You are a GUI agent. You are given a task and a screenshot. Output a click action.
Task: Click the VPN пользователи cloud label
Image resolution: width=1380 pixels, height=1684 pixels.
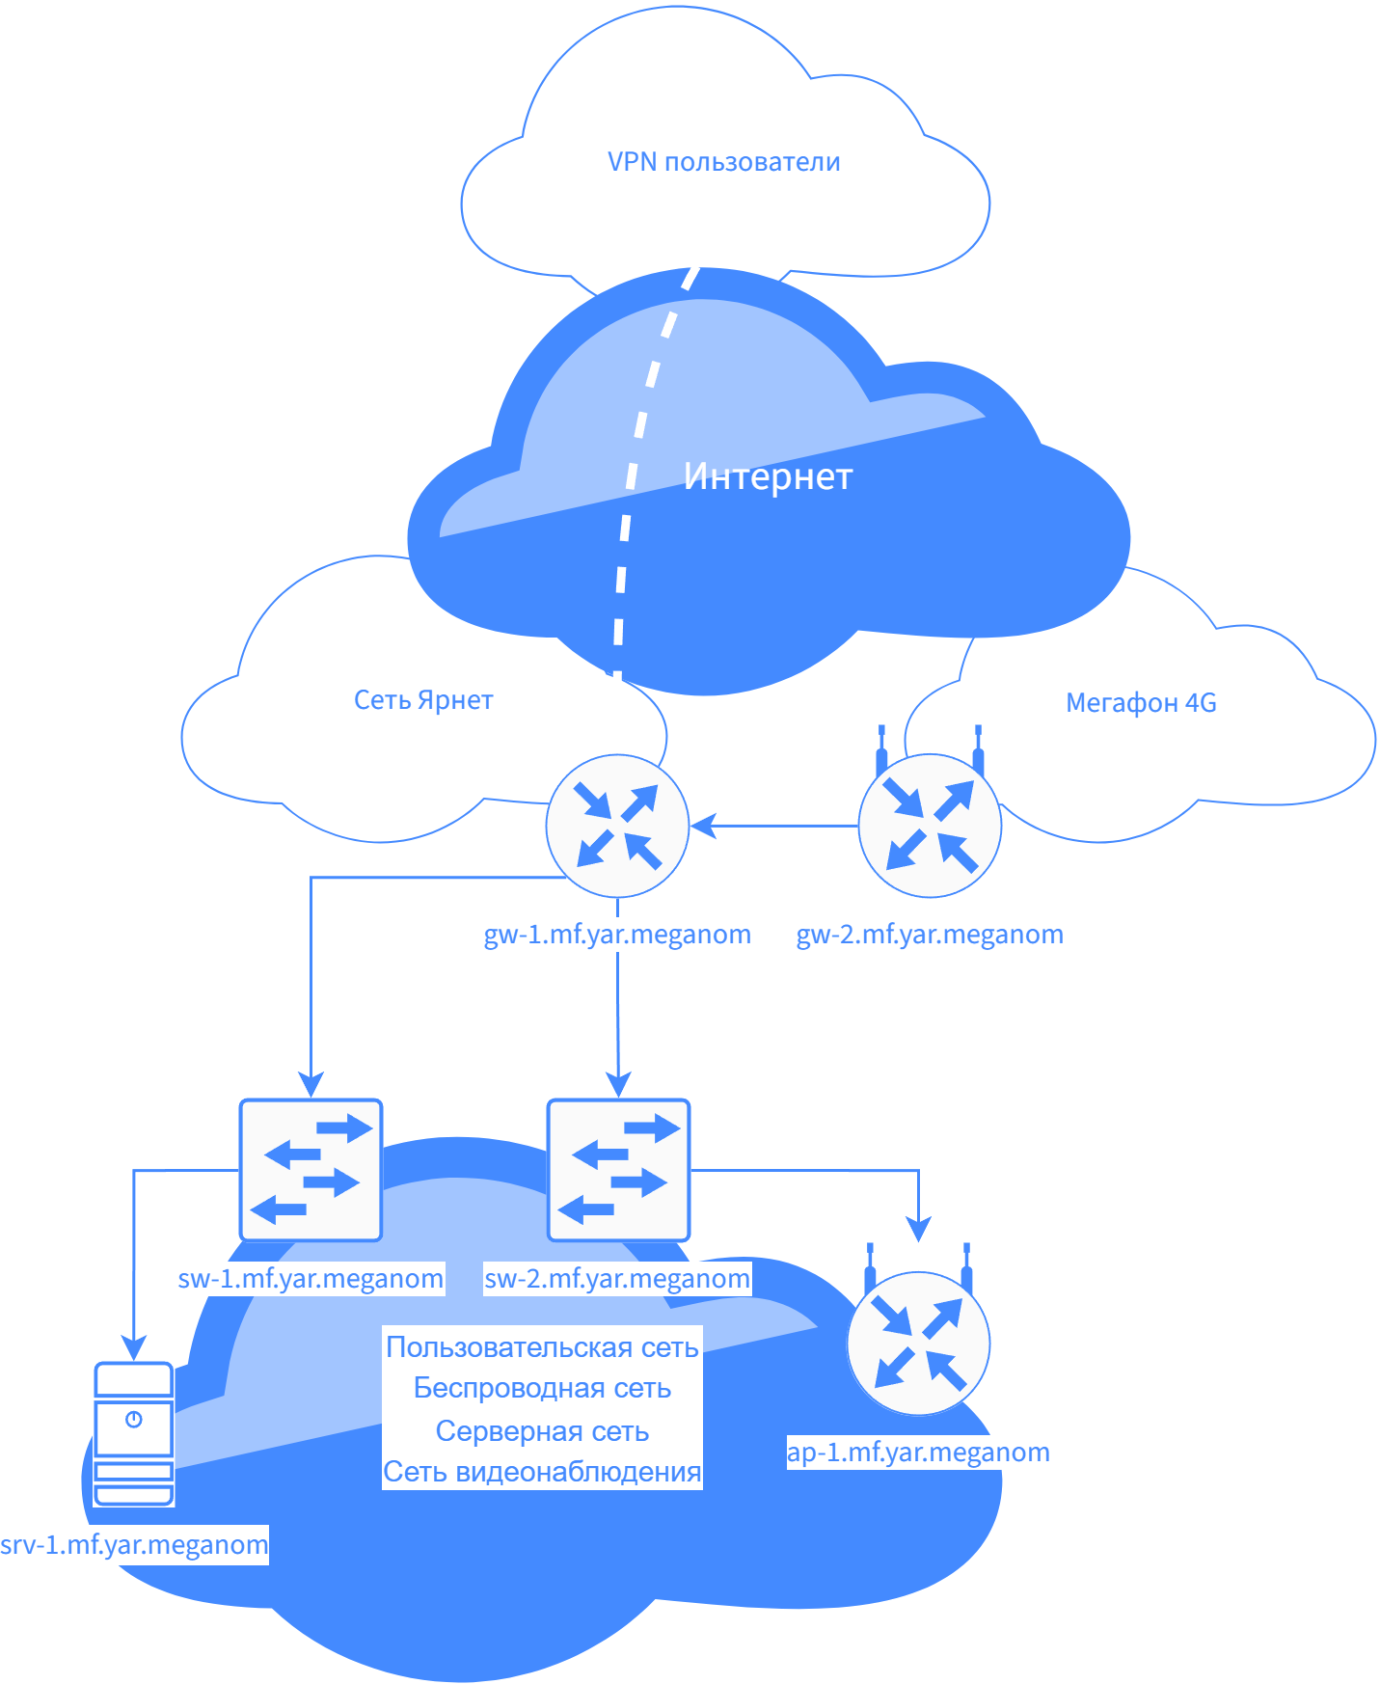tap(723, 162)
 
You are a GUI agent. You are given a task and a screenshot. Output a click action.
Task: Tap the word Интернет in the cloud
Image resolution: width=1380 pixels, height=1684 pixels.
tap(768, 476)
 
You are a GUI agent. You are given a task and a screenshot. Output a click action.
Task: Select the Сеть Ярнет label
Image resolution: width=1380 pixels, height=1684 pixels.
tap(423, 700)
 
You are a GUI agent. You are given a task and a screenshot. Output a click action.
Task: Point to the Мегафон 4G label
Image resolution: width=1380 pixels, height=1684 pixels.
tap(1141, 703)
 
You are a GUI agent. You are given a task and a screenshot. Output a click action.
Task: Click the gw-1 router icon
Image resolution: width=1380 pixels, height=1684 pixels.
tap(617, 827)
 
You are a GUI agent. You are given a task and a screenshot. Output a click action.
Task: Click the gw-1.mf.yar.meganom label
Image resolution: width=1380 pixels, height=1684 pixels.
tap(617, 935)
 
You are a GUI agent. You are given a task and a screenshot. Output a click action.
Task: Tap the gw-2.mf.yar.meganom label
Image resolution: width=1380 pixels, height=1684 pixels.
tap(930, 935)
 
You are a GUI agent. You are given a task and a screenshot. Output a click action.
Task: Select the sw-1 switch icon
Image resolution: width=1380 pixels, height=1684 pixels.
tap(311, 1170)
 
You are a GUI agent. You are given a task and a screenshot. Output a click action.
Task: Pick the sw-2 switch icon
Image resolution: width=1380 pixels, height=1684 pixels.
tap(618, 1170)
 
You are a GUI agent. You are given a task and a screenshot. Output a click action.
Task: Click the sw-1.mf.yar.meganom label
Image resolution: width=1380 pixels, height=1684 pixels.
tap(311, 1279)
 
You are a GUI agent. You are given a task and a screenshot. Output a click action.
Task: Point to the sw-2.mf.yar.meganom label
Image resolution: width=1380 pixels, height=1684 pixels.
tap(617, 1279)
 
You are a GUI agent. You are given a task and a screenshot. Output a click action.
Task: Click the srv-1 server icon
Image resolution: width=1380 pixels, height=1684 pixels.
tap(134, 1433)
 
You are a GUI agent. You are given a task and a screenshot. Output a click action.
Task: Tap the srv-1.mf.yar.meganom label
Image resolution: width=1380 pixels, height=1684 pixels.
tap(134, 1545)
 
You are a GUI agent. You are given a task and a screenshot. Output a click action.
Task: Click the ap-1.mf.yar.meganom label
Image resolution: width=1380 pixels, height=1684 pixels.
tap(918, 1453)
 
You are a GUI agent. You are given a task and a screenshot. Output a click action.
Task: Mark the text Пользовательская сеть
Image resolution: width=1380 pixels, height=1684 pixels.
tap(542, 1347)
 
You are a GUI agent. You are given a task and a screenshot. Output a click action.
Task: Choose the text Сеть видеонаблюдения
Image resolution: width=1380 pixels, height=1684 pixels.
tap(542, 1472)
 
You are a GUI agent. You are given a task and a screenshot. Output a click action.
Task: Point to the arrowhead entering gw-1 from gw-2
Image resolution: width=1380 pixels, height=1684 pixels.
tap(703, 826)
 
